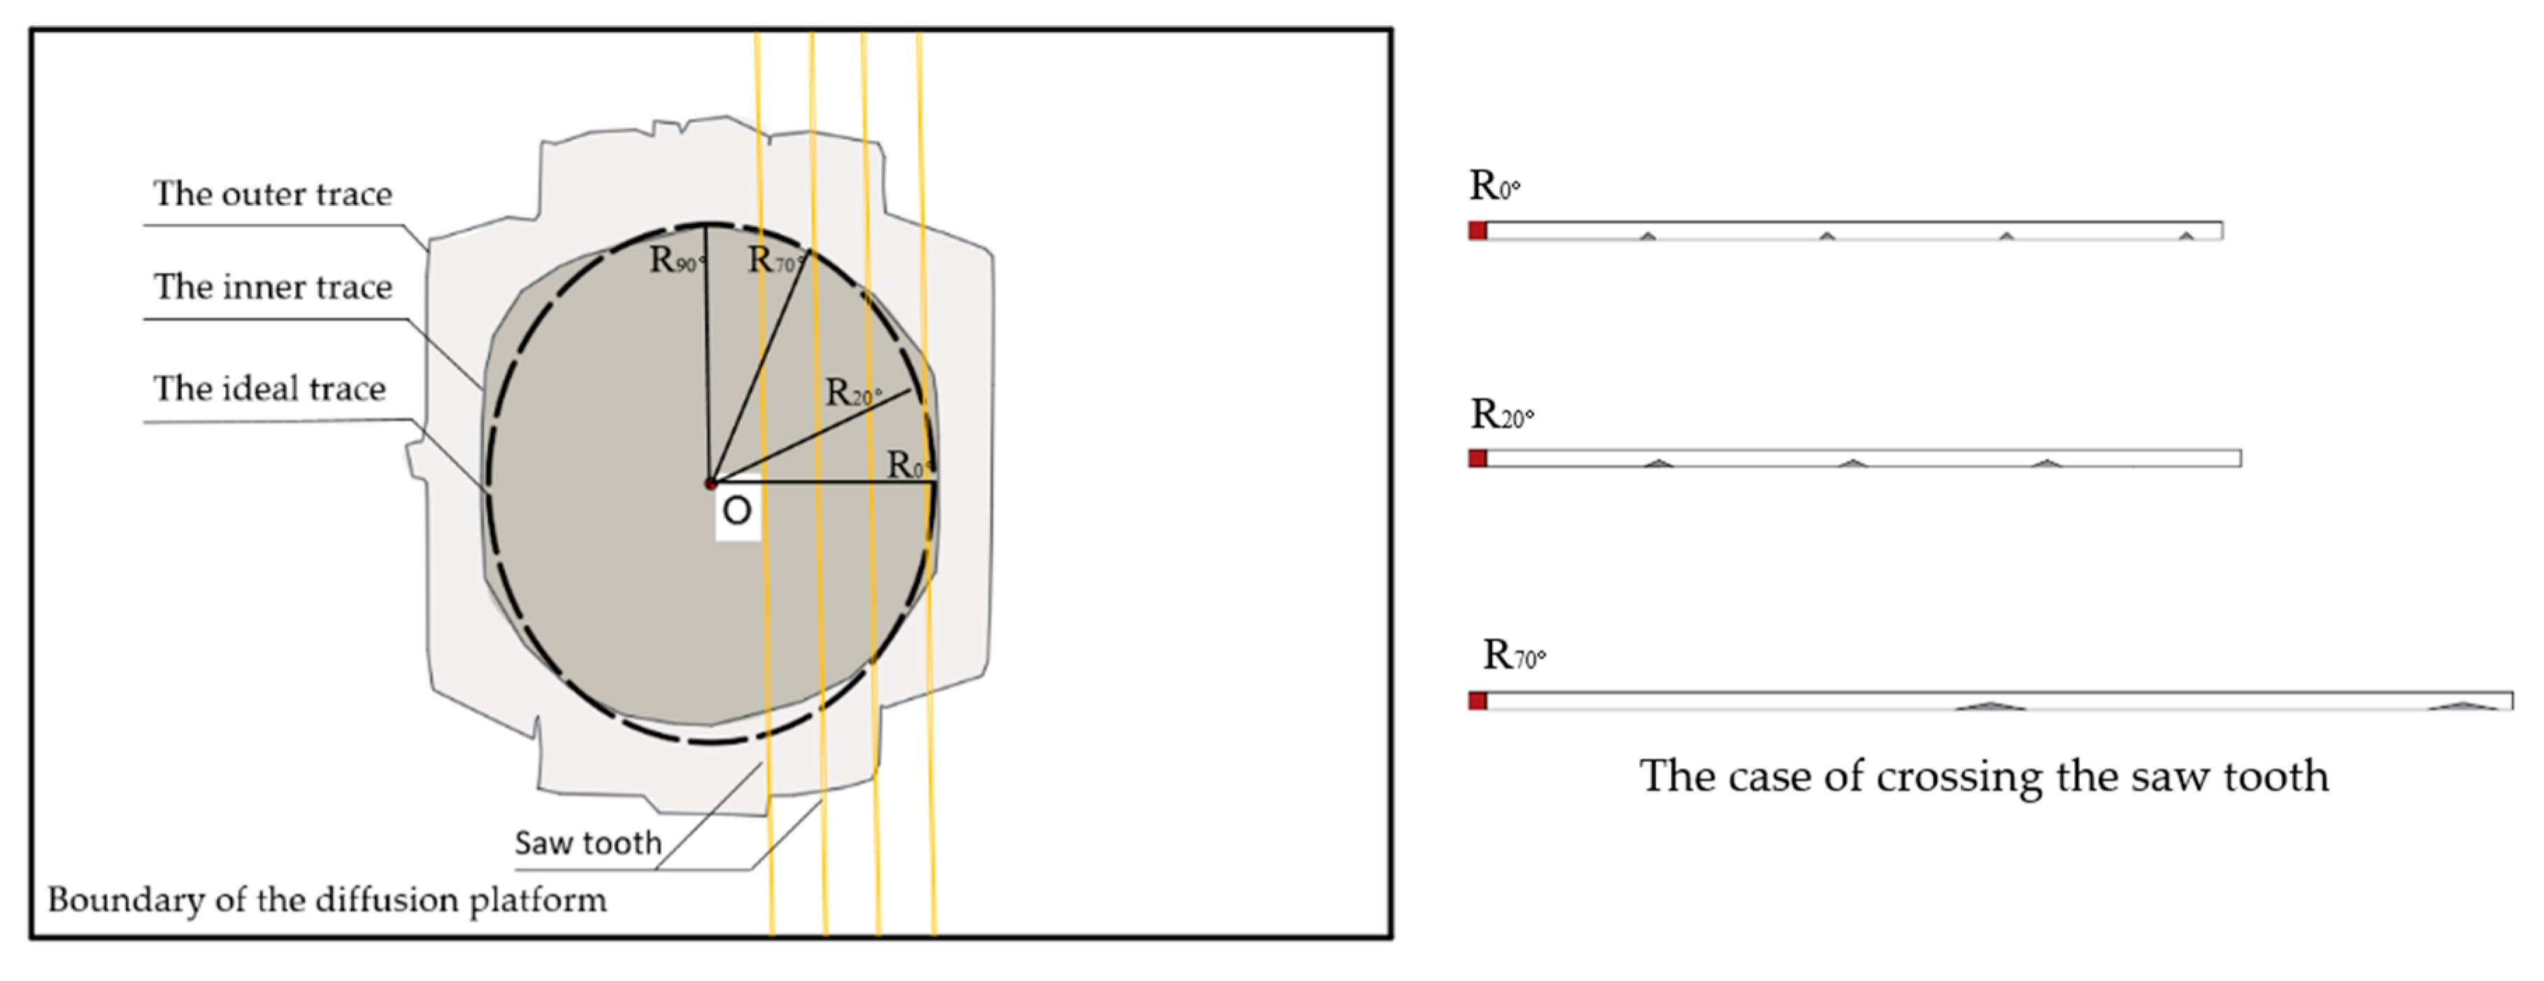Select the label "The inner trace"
click(273, 286)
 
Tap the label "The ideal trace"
click(269, 388)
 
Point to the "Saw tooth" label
click(587, 842)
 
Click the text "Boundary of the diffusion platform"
click(327, 900)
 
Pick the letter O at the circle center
click(737, 511)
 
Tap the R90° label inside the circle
click(676, 260)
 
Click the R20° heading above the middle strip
click(1501, 415)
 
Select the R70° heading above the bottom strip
click(1513, 655)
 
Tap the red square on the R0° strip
click(1478, 230)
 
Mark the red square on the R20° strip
click(1478, 458)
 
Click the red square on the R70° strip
click(1478, 700)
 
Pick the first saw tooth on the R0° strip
click(1648, 236)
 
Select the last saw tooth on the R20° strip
click(2048, 463)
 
